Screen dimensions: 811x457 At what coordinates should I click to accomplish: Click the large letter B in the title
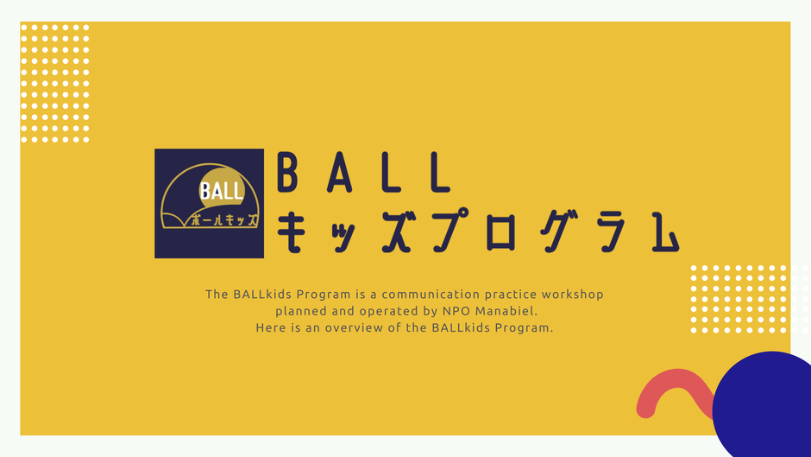click(x=287, y=173)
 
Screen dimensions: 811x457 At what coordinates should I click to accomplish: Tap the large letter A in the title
click(x=340, y=173)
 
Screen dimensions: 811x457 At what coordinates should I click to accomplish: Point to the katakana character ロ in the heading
click(x=500, y=232)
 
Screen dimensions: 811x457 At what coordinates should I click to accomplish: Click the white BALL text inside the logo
click(x=222, y=191)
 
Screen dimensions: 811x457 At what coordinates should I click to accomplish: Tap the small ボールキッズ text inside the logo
click(x=224, y=219)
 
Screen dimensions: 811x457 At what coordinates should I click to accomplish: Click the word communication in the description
click(x=431, y=295)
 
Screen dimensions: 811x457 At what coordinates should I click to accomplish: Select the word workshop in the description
click(x=573, y=295)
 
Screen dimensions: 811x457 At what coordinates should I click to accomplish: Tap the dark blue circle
click(x=761, y=404)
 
